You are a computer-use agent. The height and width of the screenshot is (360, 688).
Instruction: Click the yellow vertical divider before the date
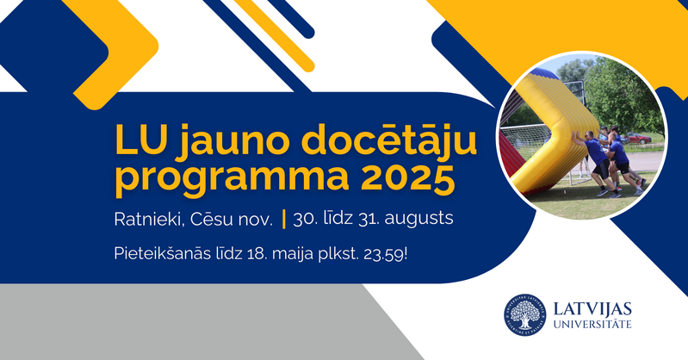pyautogui.click(x=284, y=219)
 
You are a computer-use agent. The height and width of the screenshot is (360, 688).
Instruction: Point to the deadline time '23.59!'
pyautogui.click(x=385, y=254)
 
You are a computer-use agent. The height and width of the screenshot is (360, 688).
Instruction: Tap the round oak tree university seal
pyautogui.click(x=524, y=314)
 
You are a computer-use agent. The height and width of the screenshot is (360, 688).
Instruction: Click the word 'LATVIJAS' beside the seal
pyautogui.click(x=592, y=308)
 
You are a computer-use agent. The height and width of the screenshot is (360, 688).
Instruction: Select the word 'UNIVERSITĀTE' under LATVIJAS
pyautogui.click(x=592, y=325)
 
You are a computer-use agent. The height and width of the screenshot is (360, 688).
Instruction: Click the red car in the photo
pyautogui.click(x=637, y=139)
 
